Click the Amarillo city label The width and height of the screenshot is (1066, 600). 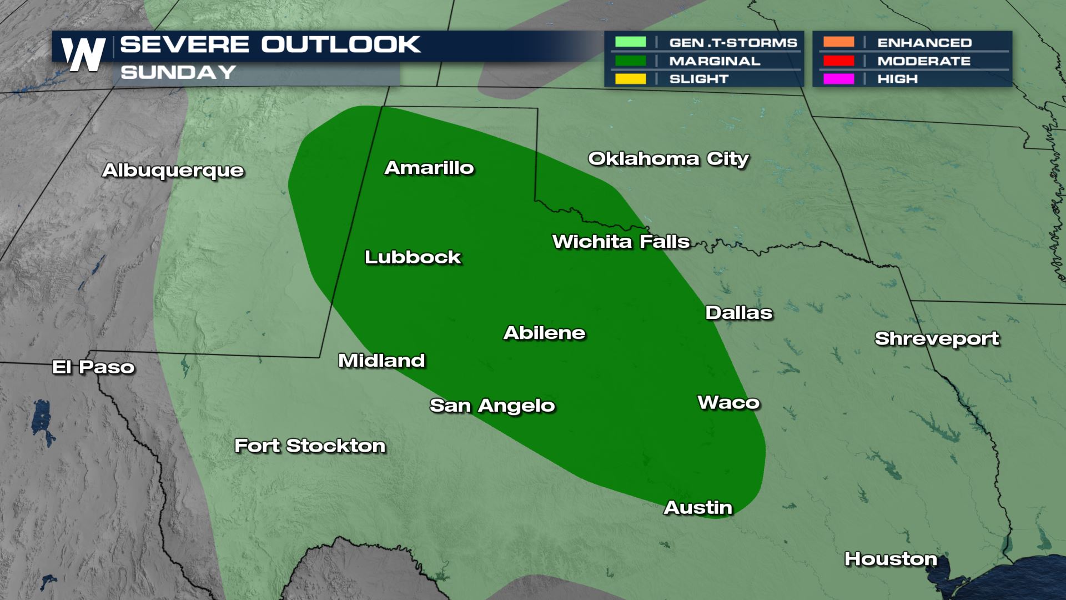429,168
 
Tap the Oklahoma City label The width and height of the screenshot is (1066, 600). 668,159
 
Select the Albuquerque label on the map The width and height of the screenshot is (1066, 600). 173,170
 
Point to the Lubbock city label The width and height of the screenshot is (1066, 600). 413,257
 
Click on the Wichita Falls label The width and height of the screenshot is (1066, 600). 621,242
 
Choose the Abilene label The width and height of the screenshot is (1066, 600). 545,333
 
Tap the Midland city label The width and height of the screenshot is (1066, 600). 382,361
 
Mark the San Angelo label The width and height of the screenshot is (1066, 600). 492,406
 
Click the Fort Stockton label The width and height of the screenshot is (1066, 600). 310,446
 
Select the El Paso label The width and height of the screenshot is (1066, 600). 93,367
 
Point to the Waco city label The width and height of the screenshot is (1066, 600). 728,402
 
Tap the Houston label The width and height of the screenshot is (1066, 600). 891,559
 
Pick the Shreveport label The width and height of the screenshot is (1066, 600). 937,338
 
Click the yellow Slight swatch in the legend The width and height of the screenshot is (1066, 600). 630,79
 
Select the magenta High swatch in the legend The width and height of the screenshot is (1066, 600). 838,79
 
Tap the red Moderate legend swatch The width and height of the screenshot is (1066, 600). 838,61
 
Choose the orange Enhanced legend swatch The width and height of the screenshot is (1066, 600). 838,42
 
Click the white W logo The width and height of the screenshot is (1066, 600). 83,54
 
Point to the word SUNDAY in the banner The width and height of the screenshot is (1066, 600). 178,72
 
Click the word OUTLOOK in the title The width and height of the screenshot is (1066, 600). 341,44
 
